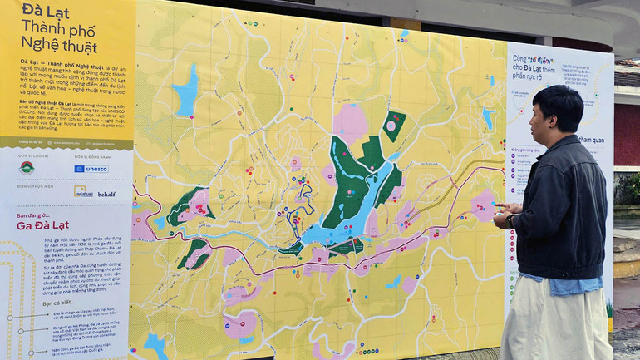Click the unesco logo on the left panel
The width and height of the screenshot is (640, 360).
tap(91, 169)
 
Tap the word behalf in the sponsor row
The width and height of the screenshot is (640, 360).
tap(106, 195)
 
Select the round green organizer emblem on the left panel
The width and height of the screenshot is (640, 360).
tap(27, 168)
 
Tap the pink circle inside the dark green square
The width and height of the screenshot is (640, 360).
tap(391, 126)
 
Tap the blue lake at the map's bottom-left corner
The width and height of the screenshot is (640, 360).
tap(155, 343)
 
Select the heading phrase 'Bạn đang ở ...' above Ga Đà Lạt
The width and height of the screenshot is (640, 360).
tap(37, 214)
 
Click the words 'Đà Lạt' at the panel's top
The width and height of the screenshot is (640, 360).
tap(46, 11)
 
